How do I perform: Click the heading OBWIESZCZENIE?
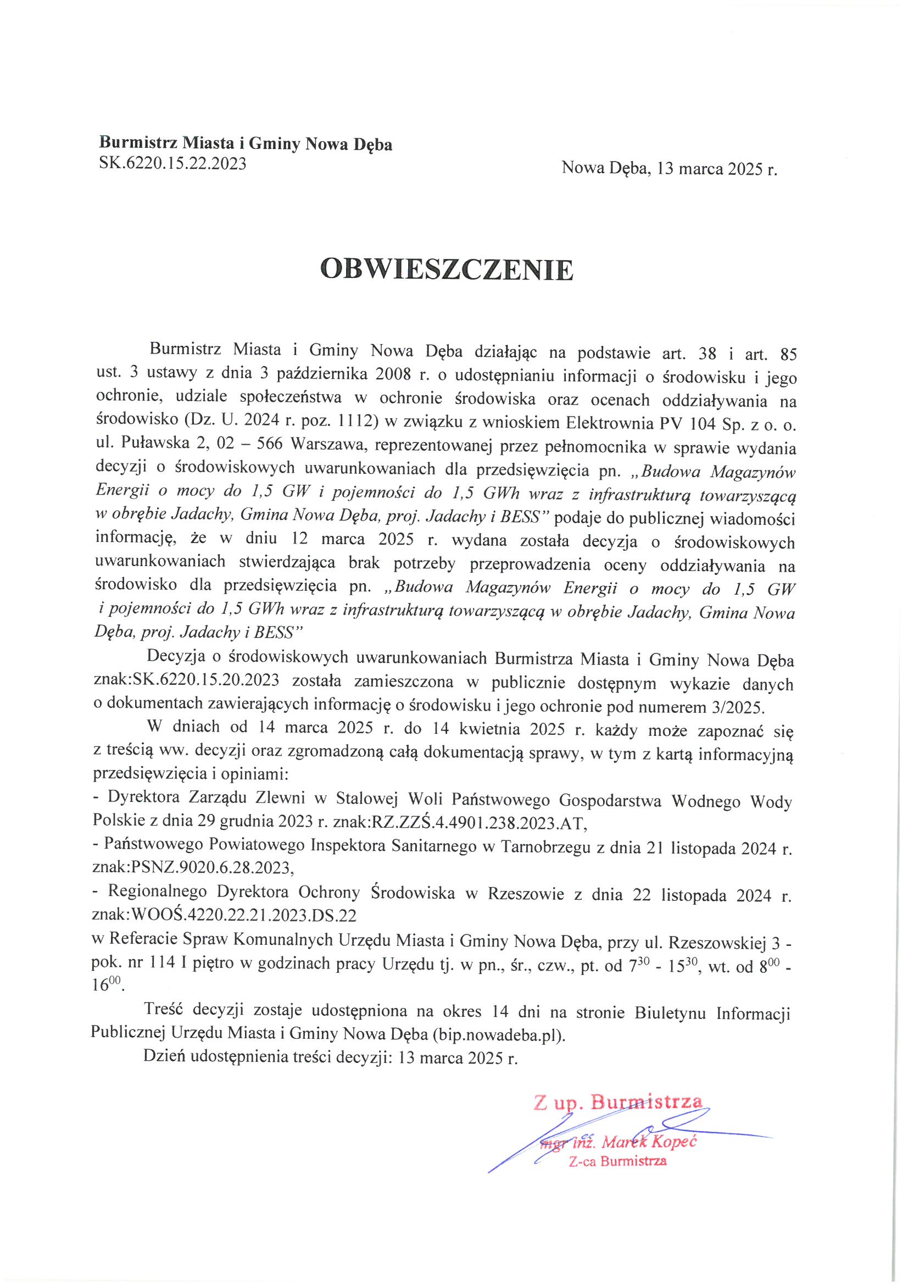447,270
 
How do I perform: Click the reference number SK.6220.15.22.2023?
172,163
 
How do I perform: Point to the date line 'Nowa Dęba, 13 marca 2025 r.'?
669,168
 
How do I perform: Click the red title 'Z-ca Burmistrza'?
617,1161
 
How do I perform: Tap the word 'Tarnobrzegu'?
545,847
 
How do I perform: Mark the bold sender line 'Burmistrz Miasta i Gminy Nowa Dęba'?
246,144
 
